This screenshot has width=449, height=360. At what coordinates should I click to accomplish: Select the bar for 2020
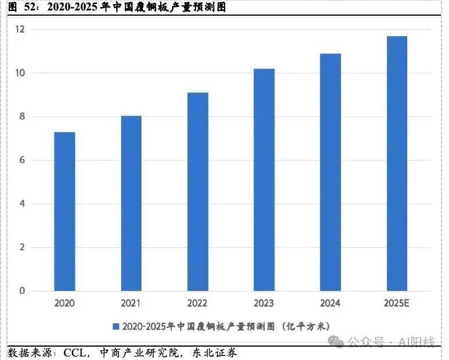64,211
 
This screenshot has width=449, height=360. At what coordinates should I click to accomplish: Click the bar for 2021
131,203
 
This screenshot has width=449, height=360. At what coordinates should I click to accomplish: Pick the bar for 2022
198,192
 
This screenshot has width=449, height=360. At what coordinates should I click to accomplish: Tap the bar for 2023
265,179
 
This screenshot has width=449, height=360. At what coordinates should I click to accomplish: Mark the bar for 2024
331,172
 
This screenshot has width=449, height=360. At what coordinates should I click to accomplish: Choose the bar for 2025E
397,163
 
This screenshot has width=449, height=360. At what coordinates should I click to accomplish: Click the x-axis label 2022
198,303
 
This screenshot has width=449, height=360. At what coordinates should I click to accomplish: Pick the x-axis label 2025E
397,303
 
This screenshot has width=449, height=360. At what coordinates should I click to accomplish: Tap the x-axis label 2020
64,303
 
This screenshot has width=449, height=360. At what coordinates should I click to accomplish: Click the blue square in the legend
116,326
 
